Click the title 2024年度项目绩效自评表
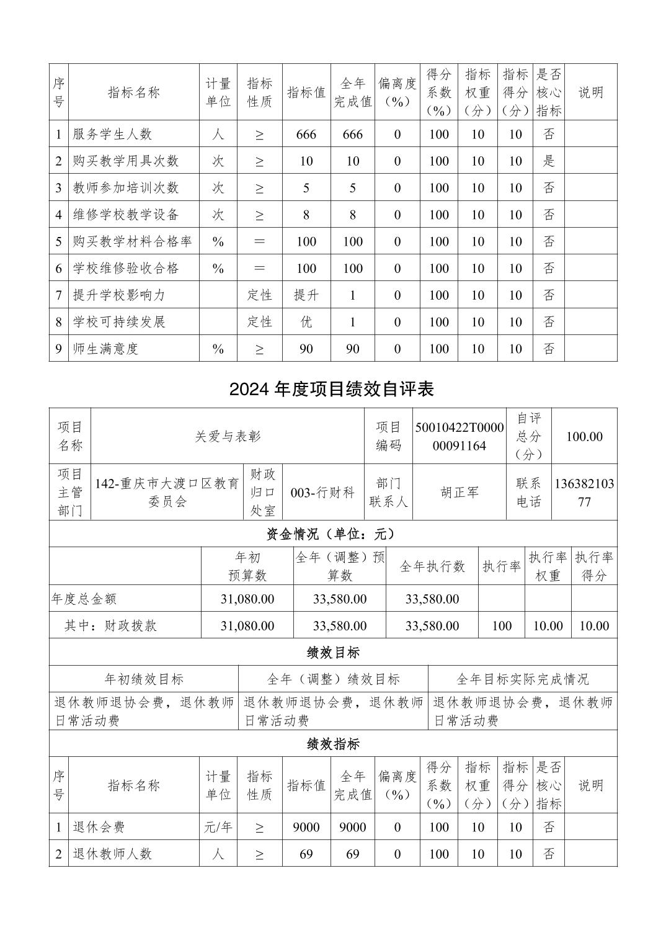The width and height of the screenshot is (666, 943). click(332, 389)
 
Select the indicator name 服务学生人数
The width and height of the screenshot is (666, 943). click(112, 134)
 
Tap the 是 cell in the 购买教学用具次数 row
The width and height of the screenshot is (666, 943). click(549, 161)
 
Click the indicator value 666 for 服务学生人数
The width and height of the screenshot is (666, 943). click(306, 134)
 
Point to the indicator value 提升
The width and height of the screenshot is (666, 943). click(306, 295)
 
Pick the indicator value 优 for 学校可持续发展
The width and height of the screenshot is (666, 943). click(306, 321)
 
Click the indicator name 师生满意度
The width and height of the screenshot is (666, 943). click(105, 349)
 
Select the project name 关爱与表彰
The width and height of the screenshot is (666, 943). click(228, 436)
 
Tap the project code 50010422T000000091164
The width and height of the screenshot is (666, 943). click(460, 436)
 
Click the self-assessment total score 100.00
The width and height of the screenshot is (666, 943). click(584, 436)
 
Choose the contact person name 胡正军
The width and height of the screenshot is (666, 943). click(460, 493)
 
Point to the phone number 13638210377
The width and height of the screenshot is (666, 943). click(584, 493)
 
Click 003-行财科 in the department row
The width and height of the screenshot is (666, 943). click(322, 493)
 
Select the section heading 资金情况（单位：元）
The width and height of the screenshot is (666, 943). click(332, 534)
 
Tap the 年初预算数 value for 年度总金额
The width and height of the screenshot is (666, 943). click(247, 599)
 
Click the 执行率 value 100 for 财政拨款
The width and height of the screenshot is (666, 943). click(501, 625)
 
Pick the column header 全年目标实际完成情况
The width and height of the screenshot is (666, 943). click(522, 679)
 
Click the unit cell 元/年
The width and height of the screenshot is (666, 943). click(218, 827)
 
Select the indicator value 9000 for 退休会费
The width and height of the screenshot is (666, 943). click(306, 827)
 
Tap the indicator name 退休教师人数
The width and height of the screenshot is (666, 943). click(112, 854)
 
